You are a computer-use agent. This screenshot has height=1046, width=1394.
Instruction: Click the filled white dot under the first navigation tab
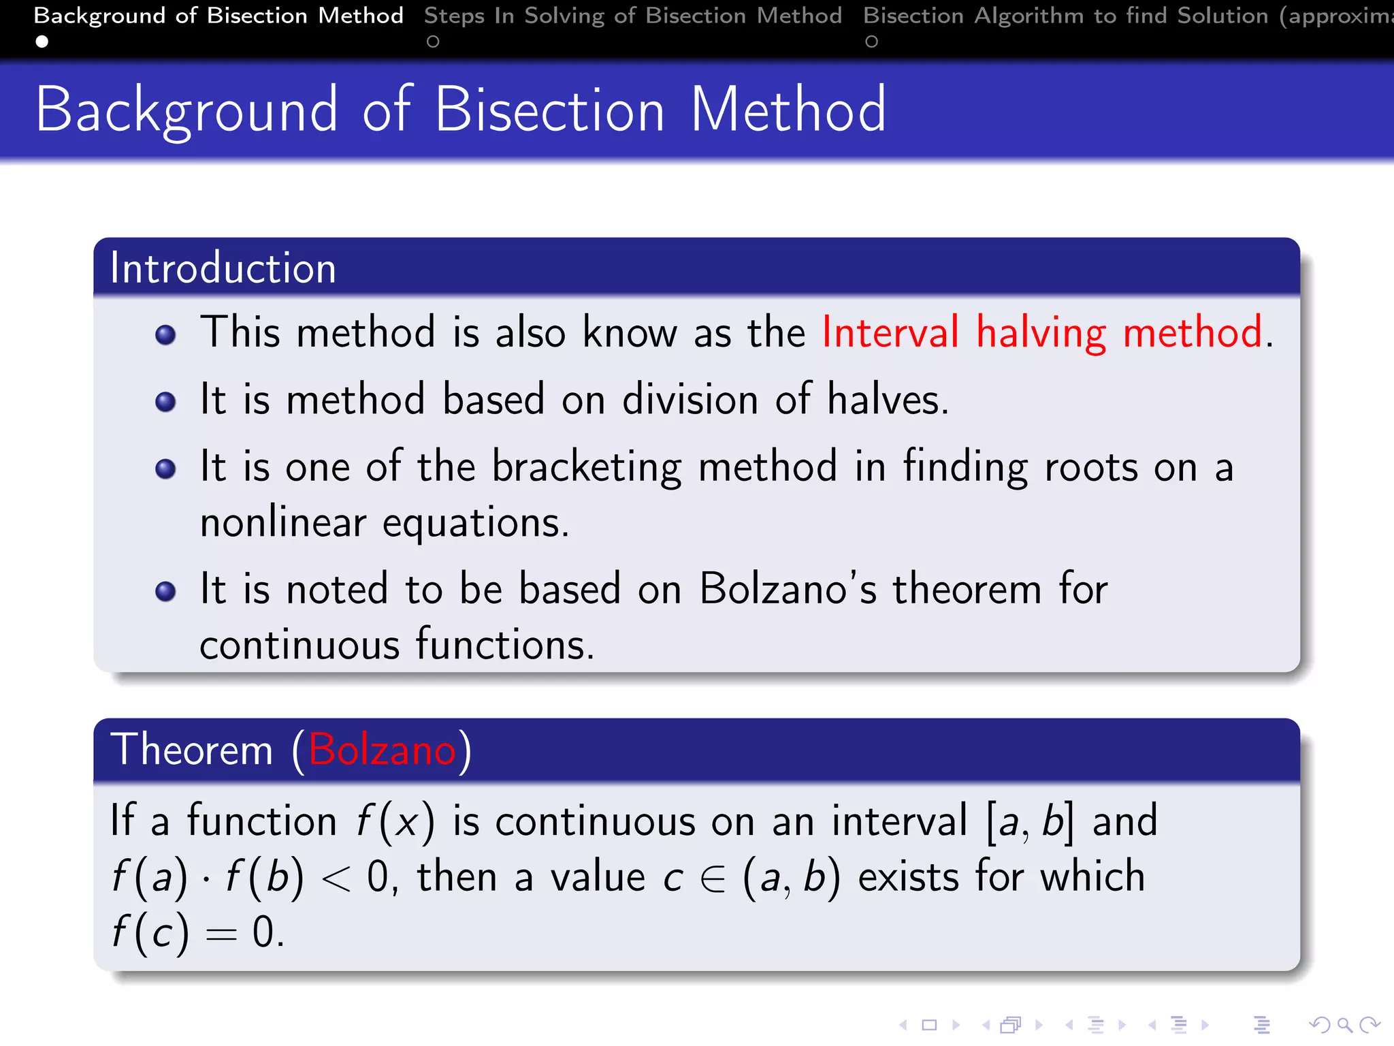(42, 42)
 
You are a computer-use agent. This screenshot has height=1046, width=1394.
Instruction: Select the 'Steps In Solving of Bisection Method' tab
(632, 16)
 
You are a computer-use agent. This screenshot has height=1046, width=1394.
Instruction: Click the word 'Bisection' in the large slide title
(549, 110)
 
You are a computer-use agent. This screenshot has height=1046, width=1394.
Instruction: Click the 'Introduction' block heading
(223, 268)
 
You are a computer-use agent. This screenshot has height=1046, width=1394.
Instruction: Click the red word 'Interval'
(890, 333)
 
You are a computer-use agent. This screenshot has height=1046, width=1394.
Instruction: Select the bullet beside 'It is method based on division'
(165, 402)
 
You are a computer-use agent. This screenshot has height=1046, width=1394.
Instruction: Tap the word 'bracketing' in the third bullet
(586, 468)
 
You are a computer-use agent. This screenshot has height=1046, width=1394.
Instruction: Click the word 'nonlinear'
(283, 523)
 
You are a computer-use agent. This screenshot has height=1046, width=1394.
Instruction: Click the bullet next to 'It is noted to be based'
(165, 590)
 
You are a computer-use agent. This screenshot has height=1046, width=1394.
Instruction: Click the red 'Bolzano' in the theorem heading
(382, 750)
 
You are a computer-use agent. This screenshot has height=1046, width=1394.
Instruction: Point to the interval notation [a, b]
(1029, 821)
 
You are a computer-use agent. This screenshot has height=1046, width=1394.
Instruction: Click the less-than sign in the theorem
(336, 878)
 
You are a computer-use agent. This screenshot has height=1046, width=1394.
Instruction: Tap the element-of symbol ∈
(713, 878)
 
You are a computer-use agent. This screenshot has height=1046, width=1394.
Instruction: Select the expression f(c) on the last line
(150, 932)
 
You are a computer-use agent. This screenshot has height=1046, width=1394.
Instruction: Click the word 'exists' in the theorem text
(908, 877)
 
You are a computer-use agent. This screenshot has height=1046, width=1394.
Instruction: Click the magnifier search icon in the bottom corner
(1344, 1025)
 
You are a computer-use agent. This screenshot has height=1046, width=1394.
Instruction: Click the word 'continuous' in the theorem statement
(594, 821)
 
